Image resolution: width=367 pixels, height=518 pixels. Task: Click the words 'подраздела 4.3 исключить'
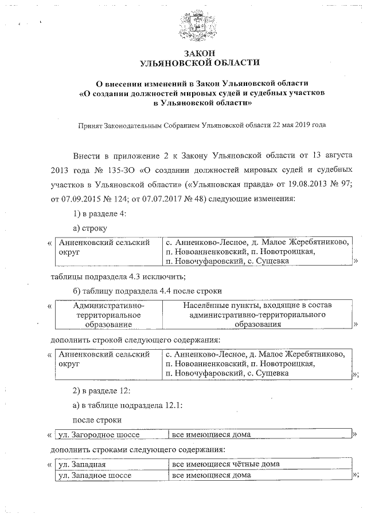(140, 276)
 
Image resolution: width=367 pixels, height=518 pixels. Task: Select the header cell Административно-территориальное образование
(108, 315)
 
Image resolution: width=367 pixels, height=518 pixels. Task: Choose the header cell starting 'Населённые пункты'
(257, 315)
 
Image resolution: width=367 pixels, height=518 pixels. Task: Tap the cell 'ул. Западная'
(83, 464)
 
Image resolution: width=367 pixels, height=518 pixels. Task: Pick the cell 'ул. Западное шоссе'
(95, 475)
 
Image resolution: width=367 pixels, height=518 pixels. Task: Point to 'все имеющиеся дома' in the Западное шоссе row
(212, 475)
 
